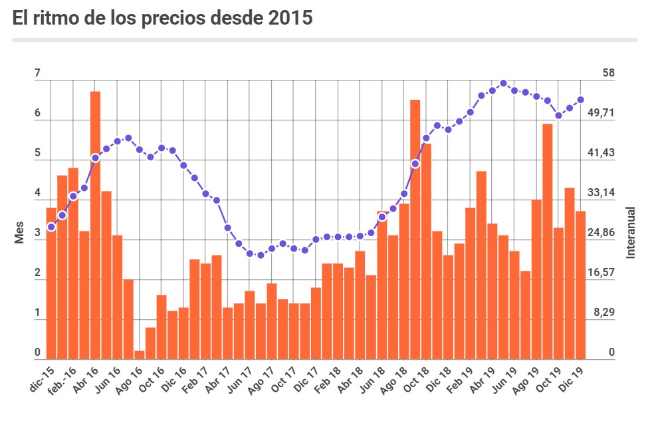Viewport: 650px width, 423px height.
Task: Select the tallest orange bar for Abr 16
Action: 95,225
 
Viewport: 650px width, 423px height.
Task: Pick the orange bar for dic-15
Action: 51,283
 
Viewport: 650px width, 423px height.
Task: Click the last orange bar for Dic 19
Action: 580,285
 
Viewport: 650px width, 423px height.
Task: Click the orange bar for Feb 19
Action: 470,283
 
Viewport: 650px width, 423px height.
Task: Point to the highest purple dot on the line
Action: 503,84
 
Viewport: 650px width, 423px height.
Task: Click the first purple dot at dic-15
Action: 51,227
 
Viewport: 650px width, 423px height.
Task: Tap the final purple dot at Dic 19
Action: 580,100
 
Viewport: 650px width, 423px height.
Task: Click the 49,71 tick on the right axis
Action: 601,113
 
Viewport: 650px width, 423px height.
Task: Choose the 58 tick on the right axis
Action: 608,73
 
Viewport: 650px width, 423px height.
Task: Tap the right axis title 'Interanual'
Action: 631,233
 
